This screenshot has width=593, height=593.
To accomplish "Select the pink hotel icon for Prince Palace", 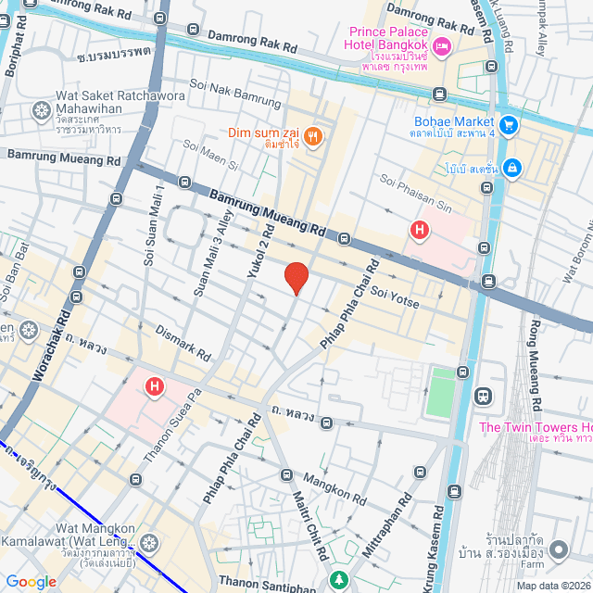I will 442,45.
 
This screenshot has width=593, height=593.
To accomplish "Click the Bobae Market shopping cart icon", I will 508,124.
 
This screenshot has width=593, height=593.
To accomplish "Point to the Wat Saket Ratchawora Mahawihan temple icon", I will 41,112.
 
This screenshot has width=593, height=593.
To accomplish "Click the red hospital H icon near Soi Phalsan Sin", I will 420,229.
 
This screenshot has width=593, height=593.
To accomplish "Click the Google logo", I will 31,581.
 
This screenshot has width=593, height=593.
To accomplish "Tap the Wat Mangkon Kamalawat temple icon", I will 150,540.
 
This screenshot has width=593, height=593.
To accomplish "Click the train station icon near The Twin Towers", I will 482,397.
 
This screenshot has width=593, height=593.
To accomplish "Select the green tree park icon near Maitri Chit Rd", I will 337,581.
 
